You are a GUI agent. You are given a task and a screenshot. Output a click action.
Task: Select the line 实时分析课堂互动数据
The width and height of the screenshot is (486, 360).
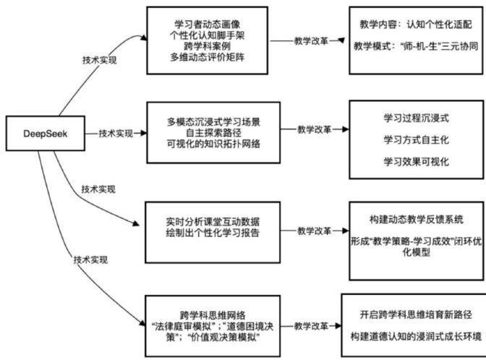point(208,220)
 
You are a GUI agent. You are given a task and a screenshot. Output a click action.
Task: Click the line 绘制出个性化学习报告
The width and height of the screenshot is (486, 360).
point(208,232)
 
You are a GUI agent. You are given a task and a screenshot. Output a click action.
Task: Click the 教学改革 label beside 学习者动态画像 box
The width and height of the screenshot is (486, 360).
point(312,40)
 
